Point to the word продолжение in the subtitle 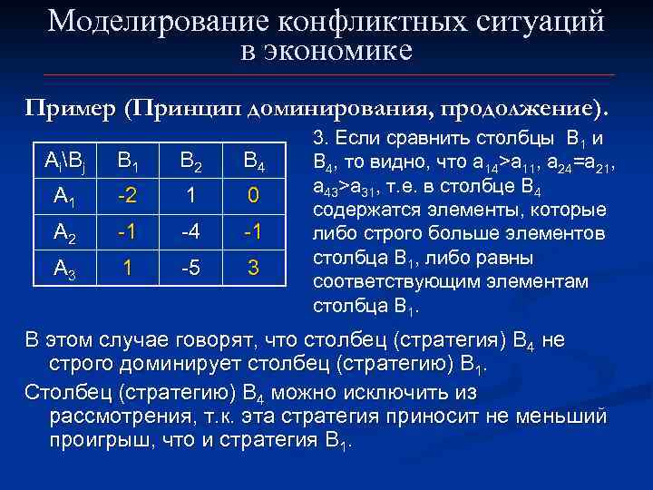coord(517,109)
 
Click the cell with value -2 coord(127,195)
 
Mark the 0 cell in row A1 coord(254,195)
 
